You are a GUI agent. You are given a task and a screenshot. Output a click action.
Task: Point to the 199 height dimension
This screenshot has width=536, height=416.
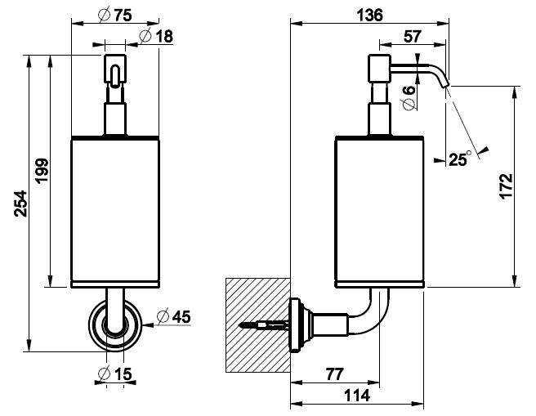tap(42, 170)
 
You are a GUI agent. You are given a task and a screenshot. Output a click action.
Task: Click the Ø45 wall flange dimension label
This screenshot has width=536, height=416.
tap(173, 316)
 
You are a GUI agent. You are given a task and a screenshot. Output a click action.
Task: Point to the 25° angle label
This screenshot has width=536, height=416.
tap(459, 159)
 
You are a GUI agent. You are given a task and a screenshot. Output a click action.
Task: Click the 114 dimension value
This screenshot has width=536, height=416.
tap(356, 396)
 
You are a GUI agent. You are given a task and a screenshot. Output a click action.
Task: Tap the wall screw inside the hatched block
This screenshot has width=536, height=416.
tap(264, 324)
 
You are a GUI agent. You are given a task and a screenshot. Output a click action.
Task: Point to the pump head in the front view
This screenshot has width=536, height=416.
tap(115, 69)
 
